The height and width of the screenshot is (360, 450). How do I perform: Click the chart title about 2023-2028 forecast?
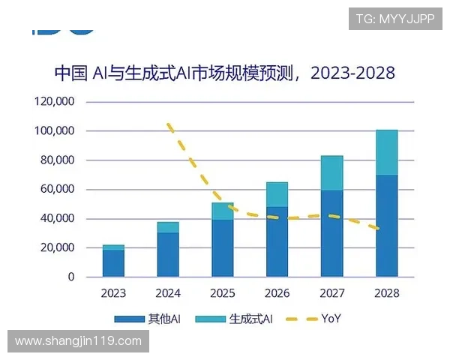coord(224,73)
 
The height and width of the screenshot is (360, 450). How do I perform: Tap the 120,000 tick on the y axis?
coord(55,102)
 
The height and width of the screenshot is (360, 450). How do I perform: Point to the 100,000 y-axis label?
coord(55,131)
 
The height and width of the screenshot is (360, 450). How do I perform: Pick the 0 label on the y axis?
coord(71,277)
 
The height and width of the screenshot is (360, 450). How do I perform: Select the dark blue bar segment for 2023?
coord(113,263)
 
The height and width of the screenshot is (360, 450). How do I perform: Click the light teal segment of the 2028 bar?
coord(386,152)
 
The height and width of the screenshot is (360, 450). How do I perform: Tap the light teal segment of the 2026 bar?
coord(277,194)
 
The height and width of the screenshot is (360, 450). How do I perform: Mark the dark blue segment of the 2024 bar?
coord(168,255)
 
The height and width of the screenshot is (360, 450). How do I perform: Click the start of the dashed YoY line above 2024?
coord(169,125)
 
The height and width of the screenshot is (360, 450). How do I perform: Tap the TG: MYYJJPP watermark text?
coord(395,17)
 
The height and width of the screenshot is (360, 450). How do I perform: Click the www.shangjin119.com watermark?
coord(78,341)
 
